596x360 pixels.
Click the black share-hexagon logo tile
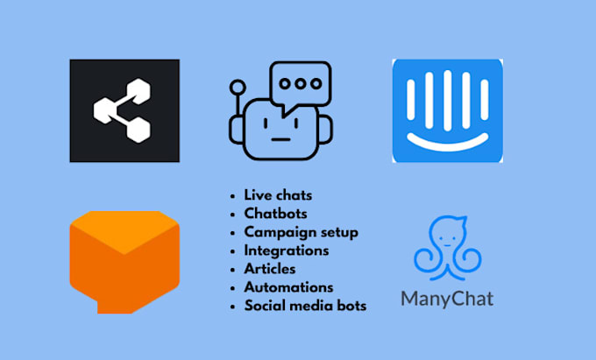124,110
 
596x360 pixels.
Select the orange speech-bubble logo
124,260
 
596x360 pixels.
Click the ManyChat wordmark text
447,299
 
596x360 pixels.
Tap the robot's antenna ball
238,88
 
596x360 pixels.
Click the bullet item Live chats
278,194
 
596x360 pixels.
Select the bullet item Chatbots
275,213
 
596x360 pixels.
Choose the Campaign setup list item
301,231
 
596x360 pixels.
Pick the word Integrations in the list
287,250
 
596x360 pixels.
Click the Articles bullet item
269,268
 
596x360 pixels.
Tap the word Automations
288,286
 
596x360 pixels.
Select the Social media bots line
306,305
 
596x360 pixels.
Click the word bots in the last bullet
351,305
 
